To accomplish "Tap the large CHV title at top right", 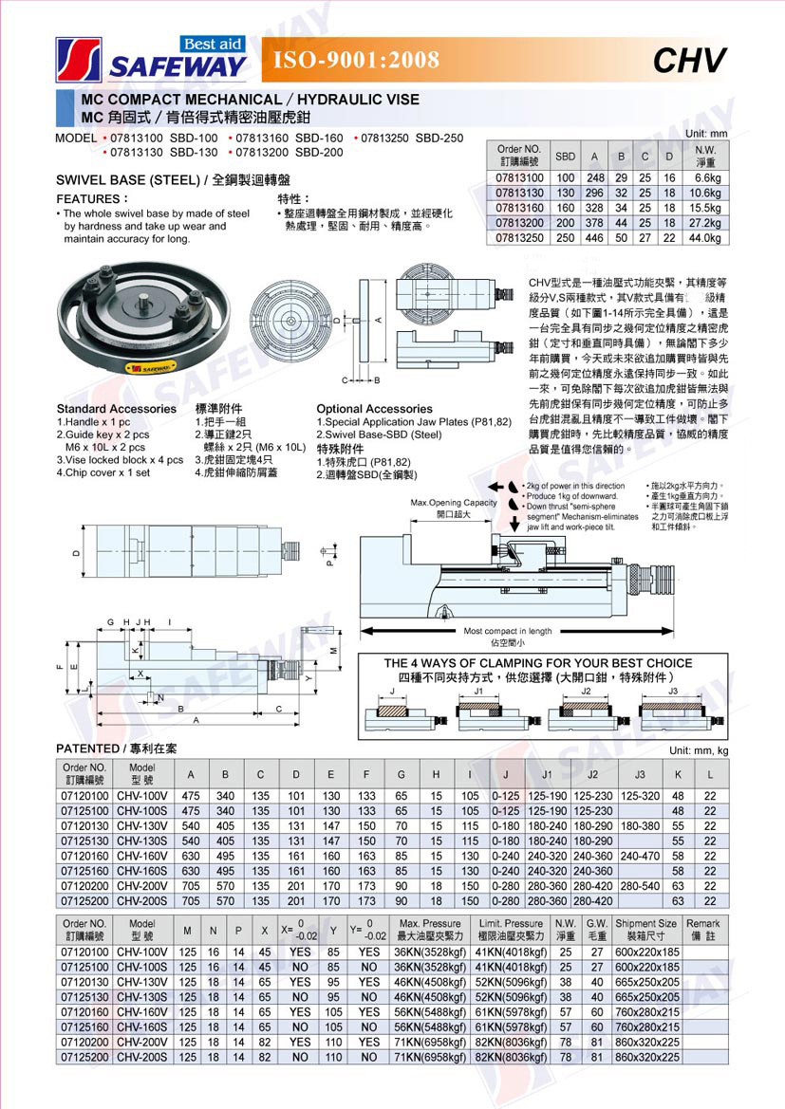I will tap(690, 61).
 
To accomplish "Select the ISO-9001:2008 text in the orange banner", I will tap(356, 61).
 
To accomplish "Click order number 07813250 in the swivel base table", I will tap(519, 237).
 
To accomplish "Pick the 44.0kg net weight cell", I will tap(706, 237).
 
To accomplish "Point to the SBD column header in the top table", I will tap(565, 156).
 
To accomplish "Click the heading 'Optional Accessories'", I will tap(374, 409).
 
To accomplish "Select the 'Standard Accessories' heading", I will tap(116, 409).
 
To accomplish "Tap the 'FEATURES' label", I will tap(91, 199).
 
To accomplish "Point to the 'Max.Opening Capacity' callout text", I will tap(454, 503).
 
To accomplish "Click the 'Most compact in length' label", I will tap(507, 631).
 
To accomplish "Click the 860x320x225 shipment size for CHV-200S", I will tap(646, 1056).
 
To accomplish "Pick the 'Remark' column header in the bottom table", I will tap(703, 929).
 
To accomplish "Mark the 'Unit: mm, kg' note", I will tap(698, 750).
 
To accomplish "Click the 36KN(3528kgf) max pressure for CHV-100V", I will tap(430, 952).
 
